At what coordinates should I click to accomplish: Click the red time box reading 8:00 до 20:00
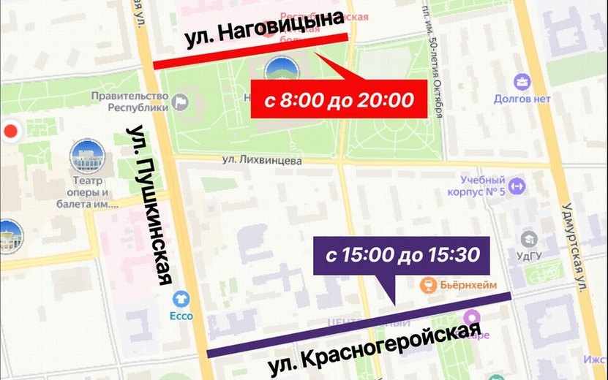[339, 100]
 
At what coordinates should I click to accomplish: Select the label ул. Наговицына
[264, 31]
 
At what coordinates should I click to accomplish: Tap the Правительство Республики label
[130, 102]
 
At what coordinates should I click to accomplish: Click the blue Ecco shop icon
[181, 298]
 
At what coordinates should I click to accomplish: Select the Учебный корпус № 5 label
[483, 186]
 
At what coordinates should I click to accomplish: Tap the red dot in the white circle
[10, 132]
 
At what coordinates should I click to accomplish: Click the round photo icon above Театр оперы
[87, 156]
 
